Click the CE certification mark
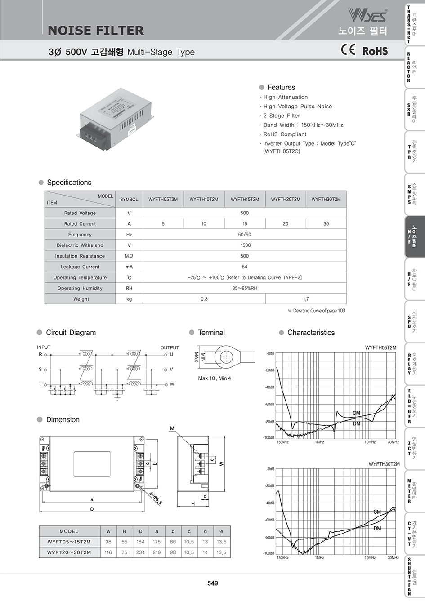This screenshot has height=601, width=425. [x=348, y=50]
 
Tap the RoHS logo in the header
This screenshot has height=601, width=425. [x=375, y=51]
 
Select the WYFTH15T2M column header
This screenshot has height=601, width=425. [x=245, y=199]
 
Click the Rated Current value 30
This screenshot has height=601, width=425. [x=326, y=223]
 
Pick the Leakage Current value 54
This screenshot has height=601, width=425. [x=245, y=267]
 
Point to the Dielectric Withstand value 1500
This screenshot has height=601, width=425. [x=245, y=245]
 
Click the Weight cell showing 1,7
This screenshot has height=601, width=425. [x=306, y=299]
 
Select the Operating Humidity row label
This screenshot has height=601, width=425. [x=80, y=288]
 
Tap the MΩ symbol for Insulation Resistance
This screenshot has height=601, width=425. [x=129, y=256]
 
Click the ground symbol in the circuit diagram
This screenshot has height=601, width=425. [x=117, y=397]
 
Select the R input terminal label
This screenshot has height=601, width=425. [x=40, y=354]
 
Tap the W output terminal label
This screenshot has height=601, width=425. [x=172, y=384]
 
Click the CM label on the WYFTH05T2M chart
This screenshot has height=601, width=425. [x=356, y=413]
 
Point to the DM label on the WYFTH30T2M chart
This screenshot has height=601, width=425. [x=377, y=528]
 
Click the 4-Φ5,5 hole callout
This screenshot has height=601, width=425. [x=156, y=498]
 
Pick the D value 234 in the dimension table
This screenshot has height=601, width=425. [x=140, y=552]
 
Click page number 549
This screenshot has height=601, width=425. [x=213, y=583]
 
